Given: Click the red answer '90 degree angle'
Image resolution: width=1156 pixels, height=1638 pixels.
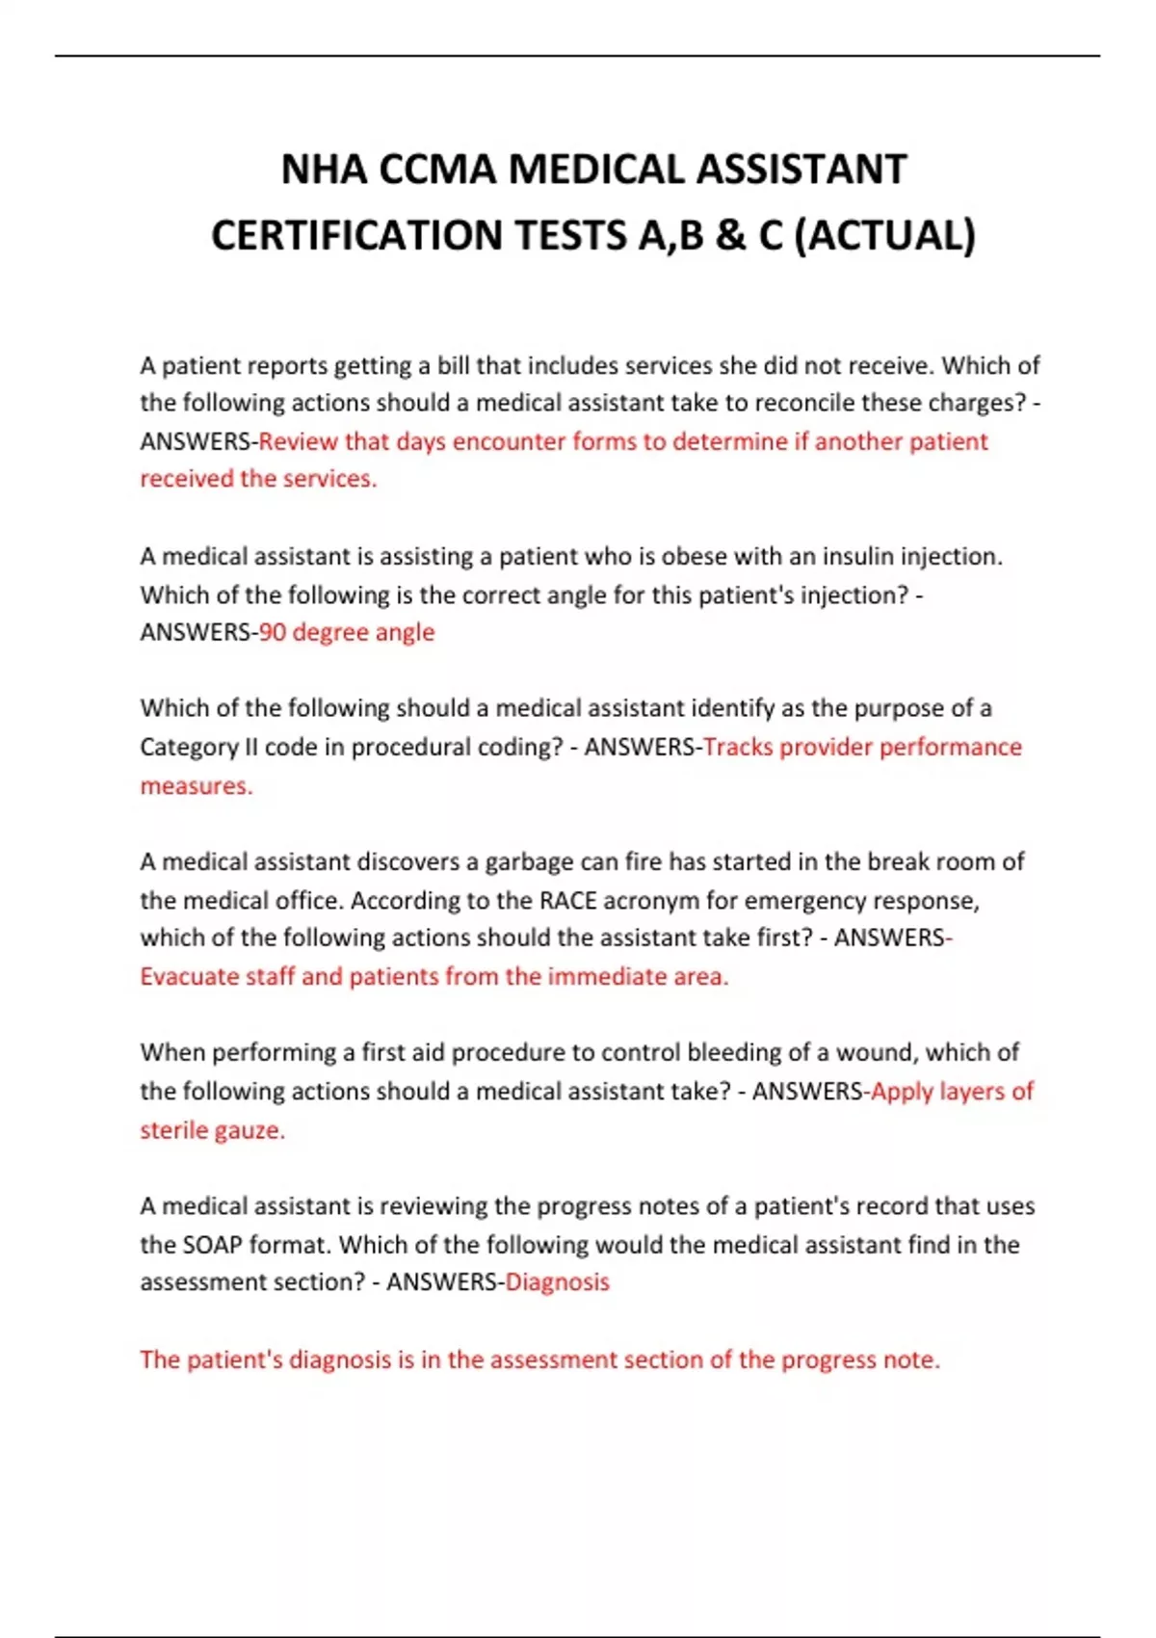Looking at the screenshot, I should (x=347, y=632).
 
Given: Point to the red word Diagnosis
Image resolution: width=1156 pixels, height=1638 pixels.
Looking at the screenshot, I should (x=557, y=1282).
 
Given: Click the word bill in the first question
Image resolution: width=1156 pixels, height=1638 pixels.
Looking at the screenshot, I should (x=453, y=365).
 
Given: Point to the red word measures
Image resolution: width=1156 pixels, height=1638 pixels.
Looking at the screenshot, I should (x=196, y=785).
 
